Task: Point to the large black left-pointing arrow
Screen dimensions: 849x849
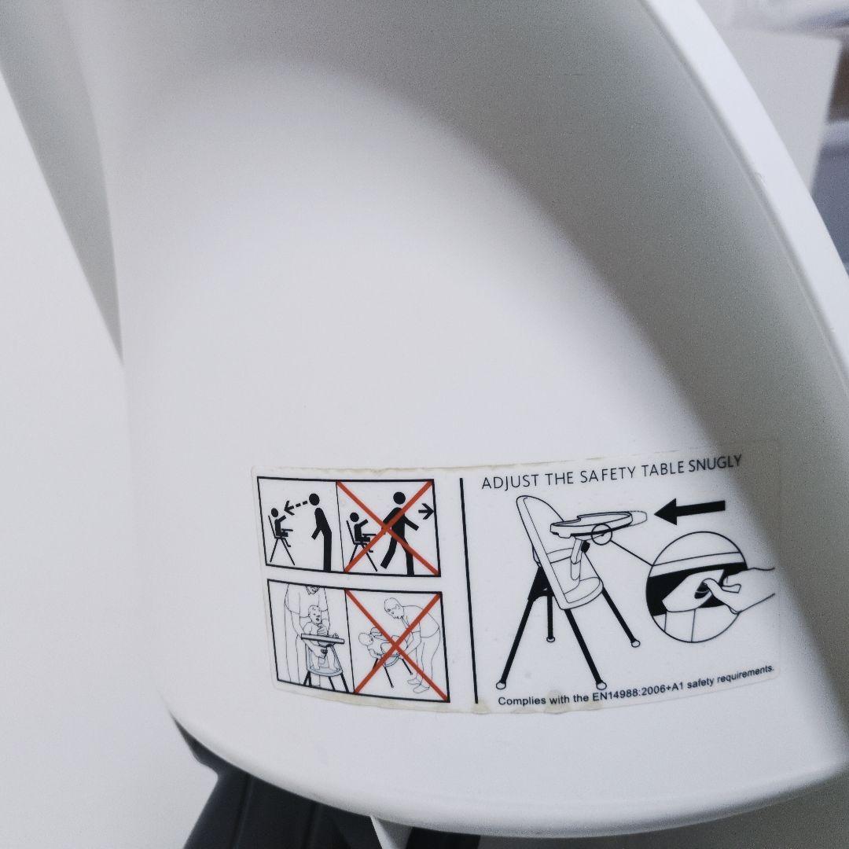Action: tap(689, 511)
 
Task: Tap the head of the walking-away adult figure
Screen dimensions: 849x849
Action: tap(399, 498)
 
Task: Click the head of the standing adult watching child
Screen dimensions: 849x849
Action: tap(314, 498)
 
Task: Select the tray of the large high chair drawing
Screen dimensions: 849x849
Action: tap(598, 521)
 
